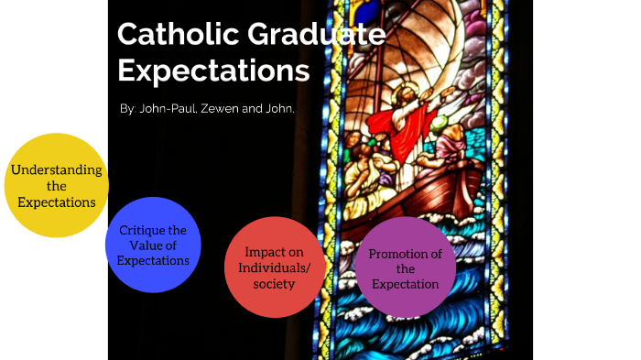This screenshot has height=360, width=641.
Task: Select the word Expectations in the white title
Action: pos(213,71)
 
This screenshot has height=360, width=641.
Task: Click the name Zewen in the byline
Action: pos(228,110)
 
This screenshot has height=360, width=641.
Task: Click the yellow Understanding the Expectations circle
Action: pos(56,185)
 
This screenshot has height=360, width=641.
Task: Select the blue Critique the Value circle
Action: pos(153,245)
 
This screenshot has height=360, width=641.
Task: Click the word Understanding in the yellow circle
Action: pos(56,170)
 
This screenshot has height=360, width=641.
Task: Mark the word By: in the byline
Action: pos(128,110)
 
